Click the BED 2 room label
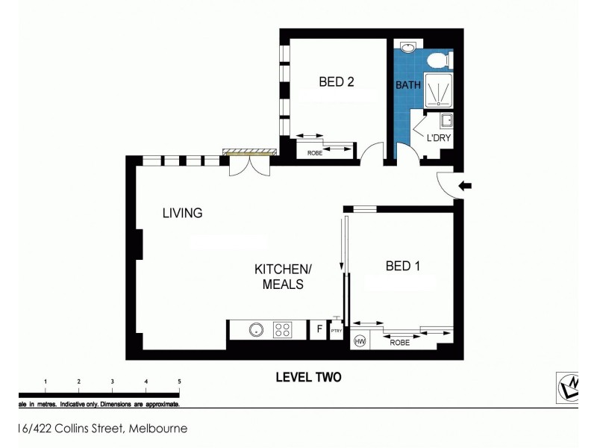[336, 82]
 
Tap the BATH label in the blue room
[407, 85]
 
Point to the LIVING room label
[182, 213]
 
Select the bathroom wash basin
[408, 48]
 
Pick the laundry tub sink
[446, 121]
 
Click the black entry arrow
[464, 187]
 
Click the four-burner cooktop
[283, 329]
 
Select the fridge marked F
[319, 329]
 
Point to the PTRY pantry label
[336, 330]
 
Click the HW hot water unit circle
[360, 340]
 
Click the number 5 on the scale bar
[179, 382]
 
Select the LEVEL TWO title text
[308, 377]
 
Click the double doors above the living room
[247, 168]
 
